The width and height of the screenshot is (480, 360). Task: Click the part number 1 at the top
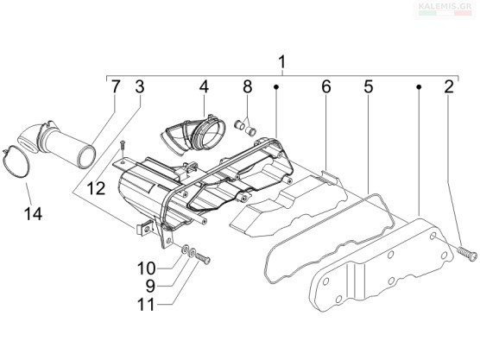point(281,62)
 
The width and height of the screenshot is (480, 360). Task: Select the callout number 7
point(115,86)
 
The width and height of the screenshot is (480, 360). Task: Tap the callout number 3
point(140,86)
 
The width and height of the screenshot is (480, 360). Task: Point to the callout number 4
point(204,86)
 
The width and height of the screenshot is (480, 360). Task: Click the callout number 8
point(248,86)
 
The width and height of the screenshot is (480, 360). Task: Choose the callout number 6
point(326,86)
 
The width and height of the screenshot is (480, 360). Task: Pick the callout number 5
point(369,86)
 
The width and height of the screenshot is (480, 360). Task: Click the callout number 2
point(449,86)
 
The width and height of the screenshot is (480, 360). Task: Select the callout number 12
point(96,188)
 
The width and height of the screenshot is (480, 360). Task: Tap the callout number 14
point(33,213)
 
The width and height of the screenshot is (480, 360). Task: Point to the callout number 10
point(146,268)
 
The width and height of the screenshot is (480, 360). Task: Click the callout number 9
point(150,287)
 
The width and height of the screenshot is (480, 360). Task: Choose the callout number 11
point(146,304)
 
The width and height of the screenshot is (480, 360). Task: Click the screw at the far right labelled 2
point(467,254)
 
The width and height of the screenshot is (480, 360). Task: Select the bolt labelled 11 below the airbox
point(202,258)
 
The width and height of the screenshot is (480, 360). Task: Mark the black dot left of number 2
point(419,87)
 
